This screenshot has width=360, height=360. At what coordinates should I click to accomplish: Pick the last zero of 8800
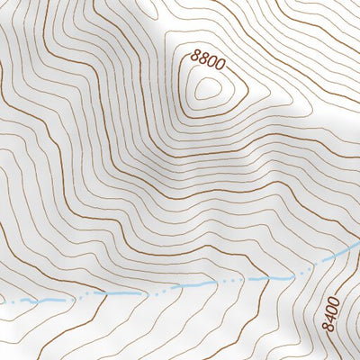pyautogui.click(x=218, y=66)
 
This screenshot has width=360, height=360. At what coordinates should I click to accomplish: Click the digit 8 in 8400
pyautogui.click(x=330, y=326)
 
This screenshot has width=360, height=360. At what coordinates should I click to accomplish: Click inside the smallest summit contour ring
pyautogui.click(x=209, y=88)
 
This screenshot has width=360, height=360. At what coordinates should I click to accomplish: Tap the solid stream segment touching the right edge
pyautogui.click(x=346, y=250)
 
